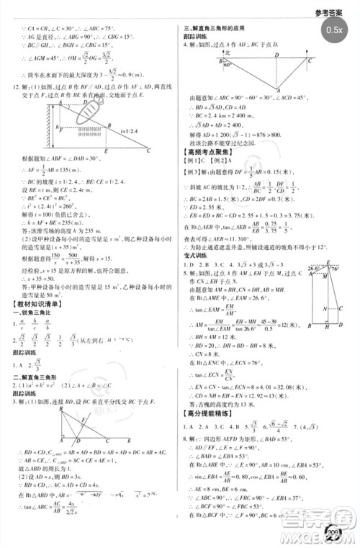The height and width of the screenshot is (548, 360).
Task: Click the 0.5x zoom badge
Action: coord(333,30)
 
